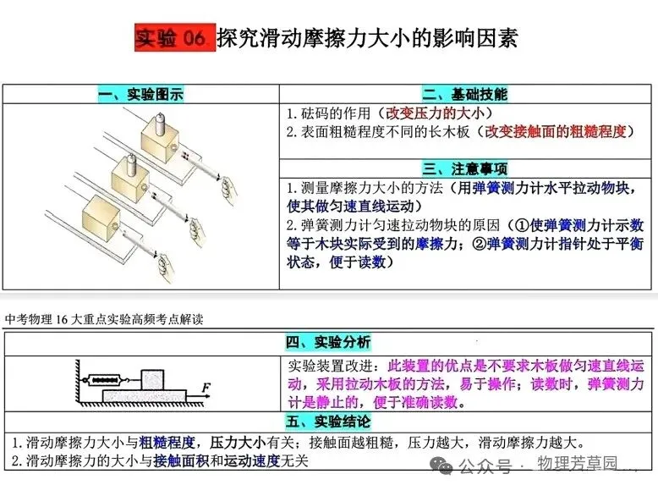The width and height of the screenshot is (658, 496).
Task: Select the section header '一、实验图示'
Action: point(140,94)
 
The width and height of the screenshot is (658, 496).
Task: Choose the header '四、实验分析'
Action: point(328,343)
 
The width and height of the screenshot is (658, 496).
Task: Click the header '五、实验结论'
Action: point(328,421)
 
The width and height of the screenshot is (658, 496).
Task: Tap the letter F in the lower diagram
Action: point(206,389)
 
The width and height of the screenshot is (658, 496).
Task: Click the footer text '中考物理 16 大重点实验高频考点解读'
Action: point(103,320)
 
